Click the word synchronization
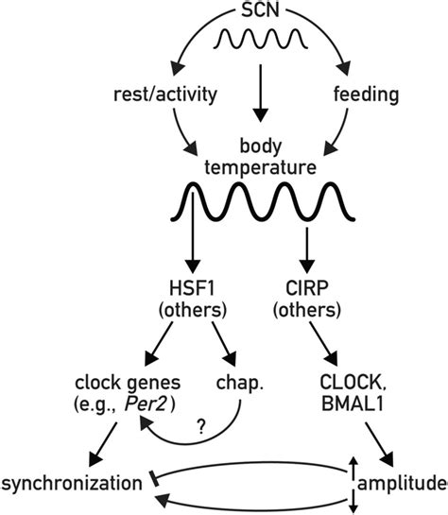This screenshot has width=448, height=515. (76, 484)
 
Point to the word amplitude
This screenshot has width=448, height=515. (404, 484)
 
